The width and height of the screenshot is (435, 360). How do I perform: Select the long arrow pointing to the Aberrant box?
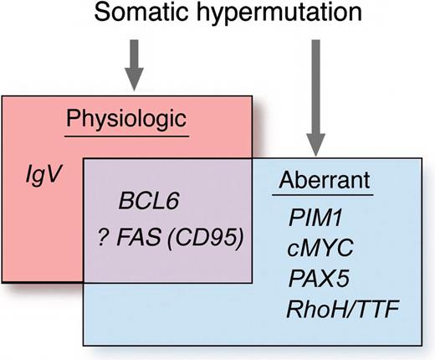[x=315, y=92]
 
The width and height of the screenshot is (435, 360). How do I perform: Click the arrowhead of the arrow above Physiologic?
[x=135, y=82]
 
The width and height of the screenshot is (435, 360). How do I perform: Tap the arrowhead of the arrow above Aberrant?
[x=315, y=143]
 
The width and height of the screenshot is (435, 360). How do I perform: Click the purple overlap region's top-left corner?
[x=84, y=156]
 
